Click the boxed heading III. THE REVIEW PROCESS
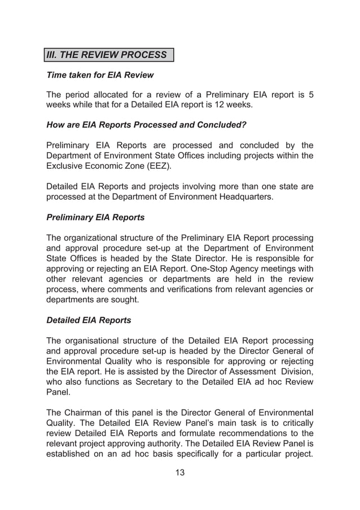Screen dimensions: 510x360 click(x=107, y=55)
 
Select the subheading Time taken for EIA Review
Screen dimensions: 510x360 click(x=100, y=75)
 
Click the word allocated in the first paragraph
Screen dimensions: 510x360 click(x=118, y=95)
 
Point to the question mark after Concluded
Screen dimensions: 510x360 click(x=245, y=125)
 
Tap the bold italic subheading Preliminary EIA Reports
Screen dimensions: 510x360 click(x=95, y=217)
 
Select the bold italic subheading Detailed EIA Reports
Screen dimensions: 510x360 click(x=89, y=320)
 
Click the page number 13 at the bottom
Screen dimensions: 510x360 click(x=180, y=473)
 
